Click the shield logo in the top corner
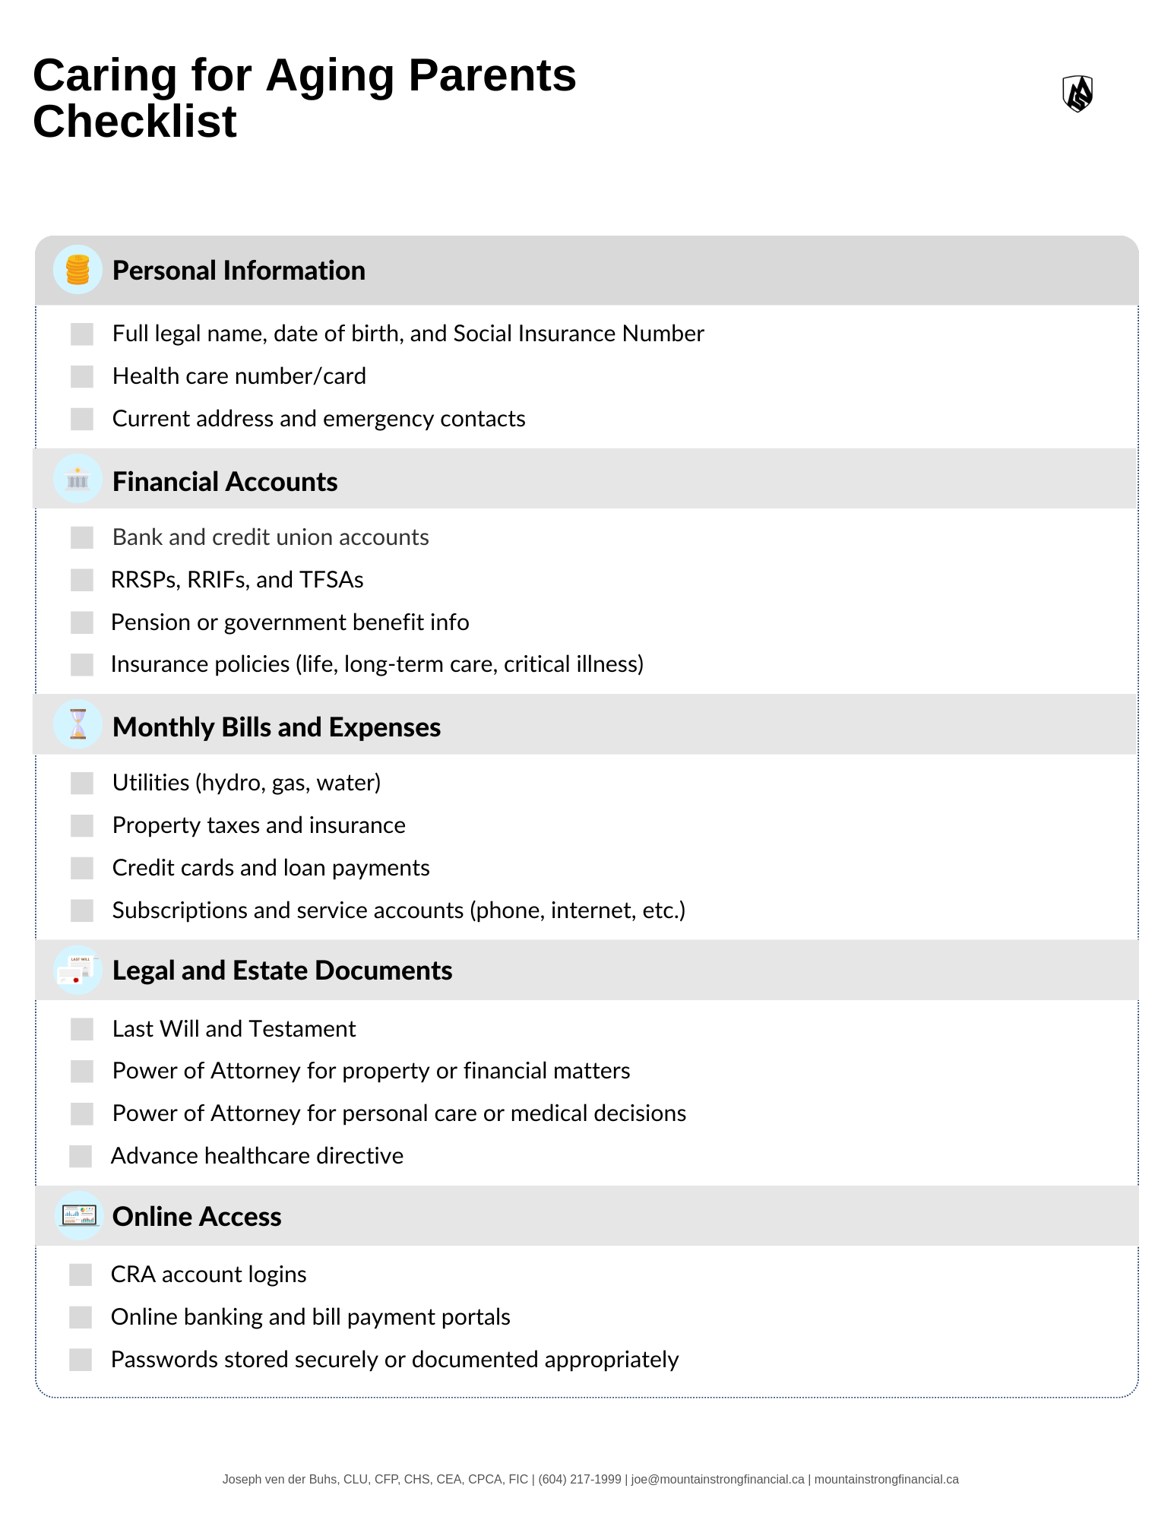1077,93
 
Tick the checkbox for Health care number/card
82,376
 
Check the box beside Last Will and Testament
82,1029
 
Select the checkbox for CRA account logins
81,1275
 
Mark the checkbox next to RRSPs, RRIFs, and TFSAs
82,580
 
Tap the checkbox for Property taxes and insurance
82,825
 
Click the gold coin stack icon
78,270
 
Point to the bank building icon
78,480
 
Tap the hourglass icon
78,724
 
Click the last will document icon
78,971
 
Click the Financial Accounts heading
225,482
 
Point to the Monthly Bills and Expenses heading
277,727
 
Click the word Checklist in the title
134,122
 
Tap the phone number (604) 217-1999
580,1479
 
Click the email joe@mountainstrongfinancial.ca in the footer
717,1479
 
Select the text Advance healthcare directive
257,1156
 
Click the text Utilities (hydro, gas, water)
246,783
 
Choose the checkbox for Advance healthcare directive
81,1156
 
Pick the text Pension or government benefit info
290,622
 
